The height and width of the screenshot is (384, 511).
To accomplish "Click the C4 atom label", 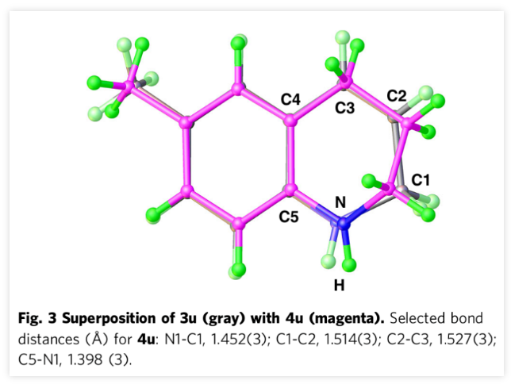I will click(x=291, y=100).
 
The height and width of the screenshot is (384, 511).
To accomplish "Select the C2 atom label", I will click(x=396, y=96).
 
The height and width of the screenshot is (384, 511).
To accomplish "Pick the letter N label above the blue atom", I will click(x=340, y=203).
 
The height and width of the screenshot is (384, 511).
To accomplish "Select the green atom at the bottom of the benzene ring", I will click(x=237, y=271).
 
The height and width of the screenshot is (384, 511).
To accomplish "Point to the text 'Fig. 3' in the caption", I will click(x=35, y=318).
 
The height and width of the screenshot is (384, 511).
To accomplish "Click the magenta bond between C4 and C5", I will click(x=290, y=157).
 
